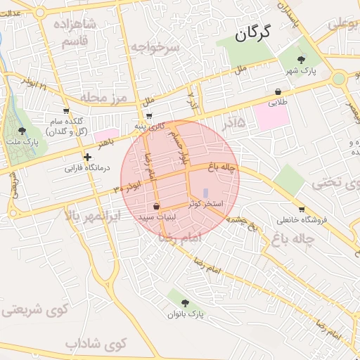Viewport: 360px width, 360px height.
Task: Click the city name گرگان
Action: pos(252,33)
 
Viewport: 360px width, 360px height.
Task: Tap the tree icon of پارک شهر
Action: pos(302,60)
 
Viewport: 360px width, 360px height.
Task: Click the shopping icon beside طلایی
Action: pos(279,91)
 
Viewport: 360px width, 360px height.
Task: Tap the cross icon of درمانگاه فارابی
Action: pos(87,157)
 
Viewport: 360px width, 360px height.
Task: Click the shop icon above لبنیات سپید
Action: pos(155,207)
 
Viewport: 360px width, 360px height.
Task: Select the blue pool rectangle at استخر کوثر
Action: pos(205,192)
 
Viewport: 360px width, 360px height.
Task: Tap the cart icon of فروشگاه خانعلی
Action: pos(302,209)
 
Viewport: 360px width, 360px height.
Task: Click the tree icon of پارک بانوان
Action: pos(186,302)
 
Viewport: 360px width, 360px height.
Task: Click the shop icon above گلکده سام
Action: pos(66,110)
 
